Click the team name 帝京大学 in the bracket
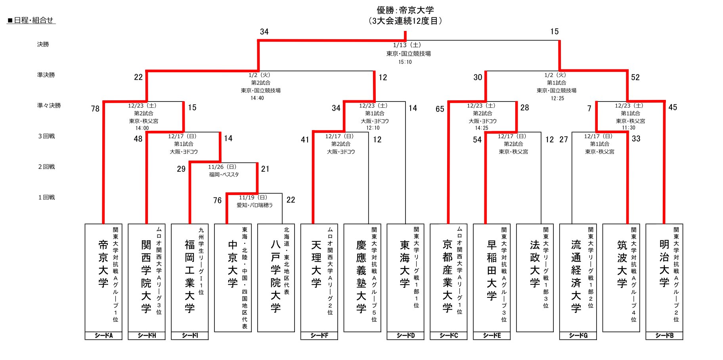(103, 264)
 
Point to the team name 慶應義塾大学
(361, 276)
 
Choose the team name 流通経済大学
(576, 276)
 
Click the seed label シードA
(103, 335)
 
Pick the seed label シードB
(664, 335)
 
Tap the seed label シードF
(319, 335)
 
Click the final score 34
(264, 32)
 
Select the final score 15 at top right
(555, 32)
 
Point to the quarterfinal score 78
(95, 109)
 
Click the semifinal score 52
(635, 77)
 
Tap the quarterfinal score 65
(440, 109)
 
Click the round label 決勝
(43, 44)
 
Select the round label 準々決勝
(49, 105)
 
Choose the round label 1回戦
(46, 197)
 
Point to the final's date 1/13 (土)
(407, 45)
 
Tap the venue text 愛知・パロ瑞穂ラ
(255, 205)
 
